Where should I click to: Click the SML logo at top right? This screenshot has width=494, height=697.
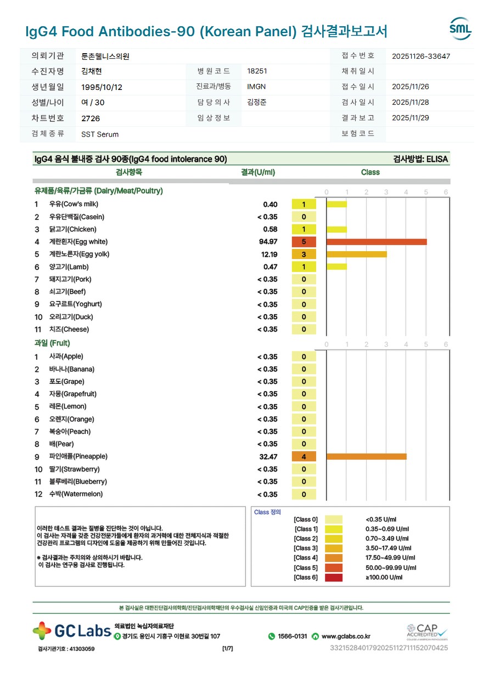coord(460,29)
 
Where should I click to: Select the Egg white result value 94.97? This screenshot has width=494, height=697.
coord(268,242)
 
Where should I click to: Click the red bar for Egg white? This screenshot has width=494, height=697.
coord(376,242)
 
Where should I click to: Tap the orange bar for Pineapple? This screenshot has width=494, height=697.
coord(366,456)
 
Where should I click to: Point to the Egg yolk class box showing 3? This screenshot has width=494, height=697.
coord(304,254)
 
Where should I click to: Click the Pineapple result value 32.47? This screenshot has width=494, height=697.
coord(268,456)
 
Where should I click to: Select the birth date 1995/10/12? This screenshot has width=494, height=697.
coord(102,87)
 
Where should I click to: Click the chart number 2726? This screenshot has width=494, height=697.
coord(91,118)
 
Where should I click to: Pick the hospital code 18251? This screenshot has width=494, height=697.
coord(257,71)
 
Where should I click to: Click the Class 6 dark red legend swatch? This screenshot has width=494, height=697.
coord(333,577)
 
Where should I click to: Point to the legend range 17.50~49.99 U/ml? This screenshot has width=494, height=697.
coord(390,558)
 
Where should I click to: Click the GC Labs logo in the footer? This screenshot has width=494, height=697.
coord(71,631)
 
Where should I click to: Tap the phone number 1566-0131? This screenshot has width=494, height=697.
coord(292,637)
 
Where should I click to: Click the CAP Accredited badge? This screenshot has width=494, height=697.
coord(426,632)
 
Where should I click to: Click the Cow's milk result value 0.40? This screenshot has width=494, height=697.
coord(270,205)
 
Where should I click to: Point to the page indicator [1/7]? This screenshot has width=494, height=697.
coord(227,649)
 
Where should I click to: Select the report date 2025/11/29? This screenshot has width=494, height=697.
coord(411,118)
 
